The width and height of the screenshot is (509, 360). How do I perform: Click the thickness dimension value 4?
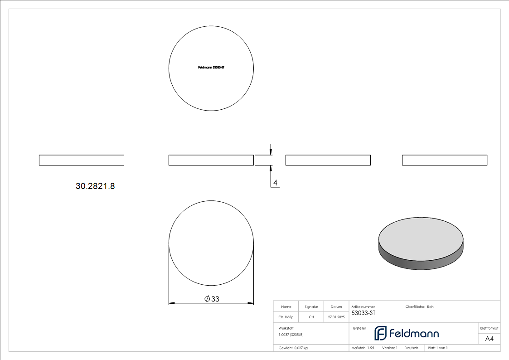(x=275, y=183)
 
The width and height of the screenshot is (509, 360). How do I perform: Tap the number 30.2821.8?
(x=95, y=186)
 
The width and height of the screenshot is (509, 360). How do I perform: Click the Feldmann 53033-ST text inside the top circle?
(x=211, y=68)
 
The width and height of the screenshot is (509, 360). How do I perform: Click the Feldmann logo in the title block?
(x=407, y=333)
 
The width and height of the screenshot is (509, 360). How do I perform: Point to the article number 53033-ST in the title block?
(x=364, y=313)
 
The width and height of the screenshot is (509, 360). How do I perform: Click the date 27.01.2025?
(x=336, y=317)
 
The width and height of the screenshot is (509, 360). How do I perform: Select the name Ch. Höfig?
(x=286, y=317)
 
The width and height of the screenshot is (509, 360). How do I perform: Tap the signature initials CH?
(x=311, y=317)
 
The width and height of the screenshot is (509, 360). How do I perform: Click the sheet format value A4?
(x=490, y=339)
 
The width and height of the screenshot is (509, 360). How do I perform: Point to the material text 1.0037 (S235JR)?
(x=291, y=335)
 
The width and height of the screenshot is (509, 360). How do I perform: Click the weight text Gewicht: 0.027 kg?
(x=293, y=348)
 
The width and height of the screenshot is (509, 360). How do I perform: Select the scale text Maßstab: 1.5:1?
(x=363, y=348)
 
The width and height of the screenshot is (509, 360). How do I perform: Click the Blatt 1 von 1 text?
(x=438, y=348)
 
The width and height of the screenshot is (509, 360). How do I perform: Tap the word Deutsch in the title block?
(x=411, y=348)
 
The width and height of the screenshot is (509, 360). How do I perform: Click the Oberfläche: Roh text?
(x=419, y=307)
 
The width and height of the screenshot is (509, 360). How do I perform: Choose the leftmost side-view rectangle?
(x=82, y=160)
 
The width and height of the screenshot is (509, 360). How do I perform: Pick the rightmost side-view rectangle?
(x=445, y=160)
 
